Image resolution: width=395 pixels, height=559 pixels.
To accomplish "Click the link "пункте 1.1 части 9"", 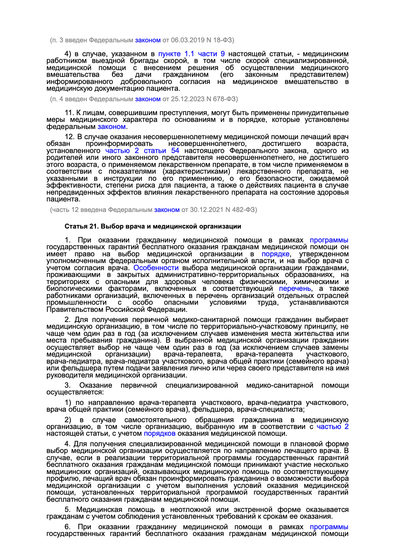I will (191, 54).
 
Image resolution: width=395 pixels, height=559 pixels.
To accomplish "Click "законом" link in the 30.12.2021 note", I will (167, 210).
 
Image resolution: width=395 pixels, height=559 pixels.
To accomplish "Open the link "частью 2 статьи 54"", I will (142, 151).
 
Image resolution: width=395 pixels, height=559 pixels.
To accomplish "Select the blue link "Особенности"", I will (156, 268).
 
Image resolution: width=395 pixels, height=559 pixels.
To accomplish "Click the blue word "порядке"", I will (275, 254).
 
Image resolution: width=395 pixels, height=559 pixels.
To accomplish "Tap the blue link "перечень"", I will (295, 288).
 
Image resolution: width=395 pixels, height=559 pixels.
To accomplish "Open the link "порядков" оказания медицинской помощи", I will (160, 433).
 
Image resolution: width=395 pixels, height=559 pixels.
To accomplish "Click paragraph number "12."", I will (70, 137).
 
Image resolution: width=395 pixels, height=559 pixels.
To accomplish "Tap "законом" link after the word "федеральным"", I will (112, 127).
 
